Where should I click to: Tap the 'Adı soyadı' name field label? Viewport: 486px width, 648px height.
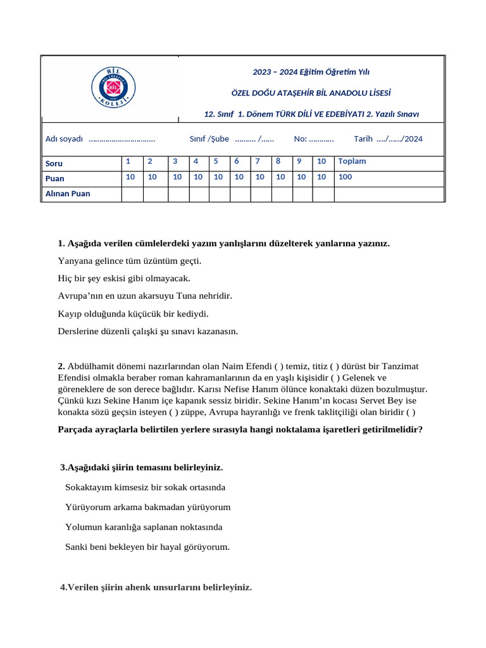(64, 139)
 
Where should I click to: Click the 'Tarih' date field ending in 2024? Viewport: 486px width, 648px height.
(388, 139)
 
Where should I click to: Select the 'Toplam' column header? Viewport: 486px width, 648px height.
(352, 161)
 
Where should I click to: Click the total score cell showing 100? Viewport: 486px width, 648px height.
(346, 177)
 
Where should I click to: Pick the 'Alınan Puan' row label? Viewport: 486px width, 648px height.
(68, 194)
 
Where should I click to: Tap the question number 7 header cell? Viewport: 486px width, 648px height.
(258, 161)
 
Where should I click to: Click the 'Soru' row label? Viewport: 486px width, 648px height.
(54, 163)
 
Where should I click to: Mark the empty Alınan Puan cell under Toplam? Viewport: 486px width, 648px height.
(389, 194)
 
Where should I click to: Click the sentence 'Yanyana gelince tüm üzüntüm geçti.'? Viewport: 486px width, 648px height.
(129, 261)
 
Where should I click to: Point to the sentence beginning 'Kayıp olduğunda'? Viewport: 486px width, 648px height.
(133, 313)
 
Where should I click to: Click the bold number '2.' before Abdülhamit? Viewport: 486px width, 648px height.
(61, 366)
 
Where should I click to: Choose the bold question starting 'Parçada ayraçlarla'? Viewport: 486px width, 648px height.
(240, 429)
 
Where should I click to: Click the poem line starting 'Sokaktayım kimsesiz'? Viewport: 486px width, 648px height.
(145, 488)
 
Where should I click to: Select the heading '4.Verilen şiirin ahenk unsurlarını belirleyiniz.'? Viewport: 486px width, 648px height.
(156, 587)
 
